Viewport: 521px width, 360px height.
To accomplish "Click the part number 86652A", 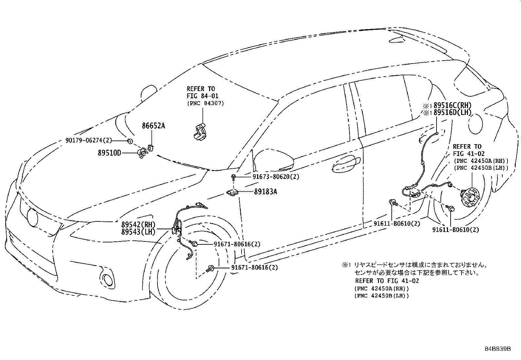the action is (x=153, y=126).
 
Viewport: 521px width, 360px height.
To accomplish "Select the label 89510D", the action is (x=109, y=153).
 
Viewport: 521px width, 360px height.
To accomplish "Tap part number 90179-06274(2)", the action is (x=89, y=141).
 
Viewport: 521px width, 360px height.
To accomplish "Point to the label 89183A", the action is (x=265, y=192).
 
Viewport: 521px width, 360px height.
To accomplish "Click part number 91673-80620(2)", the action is (x=276, y=177).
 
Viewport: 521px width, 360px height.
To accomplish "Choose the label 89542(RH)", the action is (x=138, y=225).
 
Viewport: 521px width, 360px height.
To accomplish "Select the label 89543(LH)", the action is (x=138, y=232).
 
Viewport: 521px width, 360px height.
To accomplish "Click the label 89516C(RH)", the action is (x=452, y=105).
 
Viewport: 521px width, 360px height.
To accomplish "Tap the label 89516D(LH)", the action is (x=452, y=113).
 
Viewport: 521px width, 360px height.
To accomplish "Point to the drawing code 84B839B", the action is (x=498, y=349).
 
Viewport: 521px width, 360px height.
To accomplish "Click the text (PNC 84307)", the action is (x=206, y=103).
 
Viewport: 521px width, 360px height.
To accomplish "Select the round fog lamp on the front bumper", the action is (x=107, y=279).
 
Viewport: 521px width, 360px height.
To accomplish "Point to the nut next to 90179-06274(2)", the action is (x=130, y=141).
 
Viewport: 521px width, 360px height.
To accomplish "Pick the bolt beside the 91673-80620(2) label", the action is (x=233, y=177).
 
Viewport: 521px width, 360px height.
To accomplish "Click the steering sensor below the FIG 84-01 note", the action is (x=199, y=132).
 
